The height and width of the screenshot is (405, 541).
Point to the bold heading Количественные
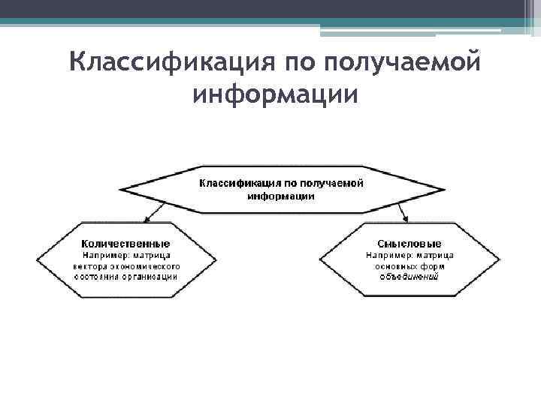pyautogui.click(x=125, y=244)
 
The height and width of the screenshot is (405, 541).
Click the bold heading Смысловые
pyautogui.click(x=410, y=244)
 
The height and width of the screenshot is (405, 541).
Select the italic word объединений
pyautogui.click(x=409, y=276)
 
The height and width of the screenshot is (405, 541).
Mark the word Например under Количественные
pyautogui.click(x=99, y=255)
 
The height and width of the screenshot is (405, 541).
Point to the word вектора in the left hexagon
pyautogui.click(x=91, y=265)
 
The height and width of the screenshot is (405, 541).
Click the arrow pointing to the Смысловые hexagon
pyautogui.click(x=404, y=217)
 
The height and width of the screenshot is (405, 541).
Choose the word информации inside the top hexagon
pyautogui.click(x=281, y=196)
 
